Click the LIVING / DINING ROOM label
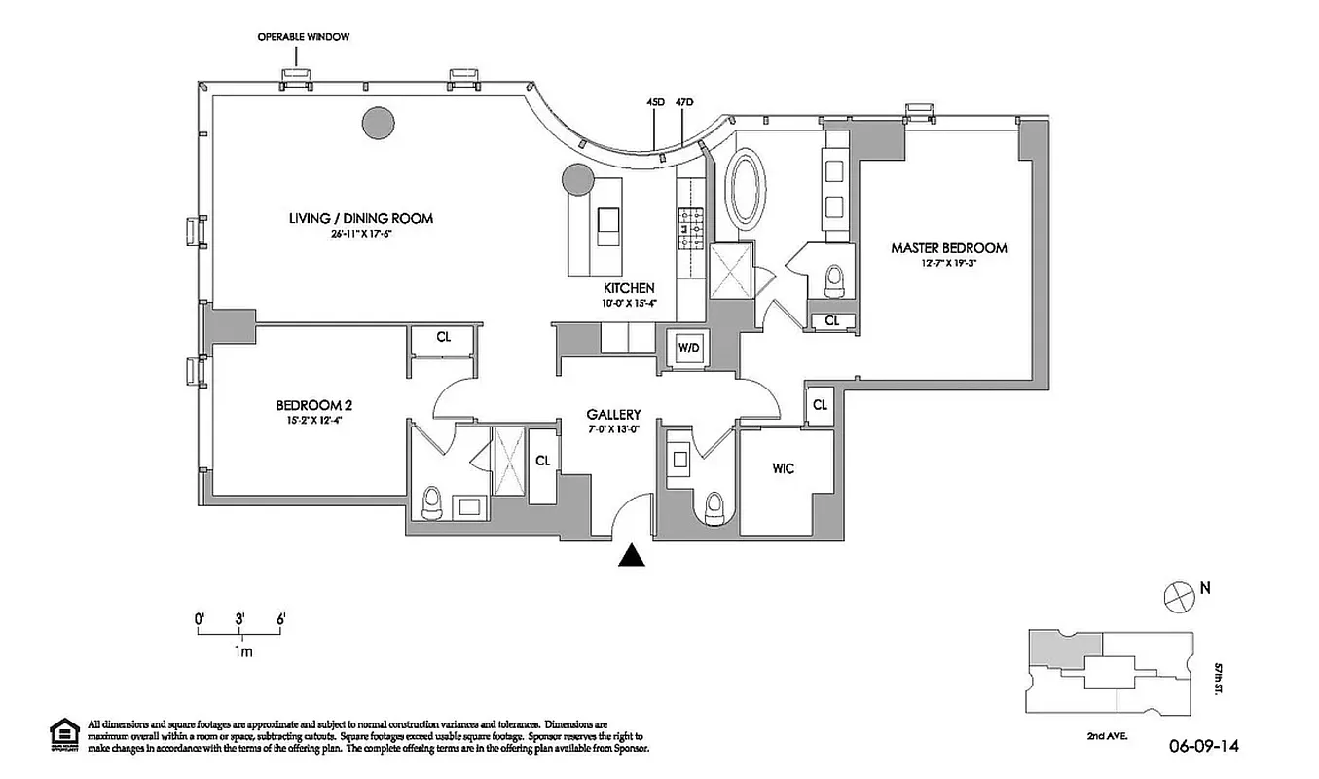(x=360, y=218)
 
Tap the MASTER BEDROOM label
(x=948, y=248)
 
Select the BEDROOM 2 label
(x=313, y=405)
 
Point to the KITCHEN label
(x=629, y=288)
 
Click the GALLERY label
(x=613, y=414)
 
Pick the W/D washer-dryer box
(x=687, y=348)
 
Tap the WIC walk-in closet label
(x=784, y=468)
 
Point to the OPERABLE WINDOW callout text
(x=303, y=36)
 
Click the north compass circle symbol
(x=1179, y=594)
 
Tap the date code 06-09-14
(x=1204, y=747)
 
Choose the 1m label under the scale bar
(x=242, y=652)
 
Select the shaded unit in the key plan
(x=1065, y=647)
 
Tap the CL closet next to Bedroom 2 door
(x=443, y=337)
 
